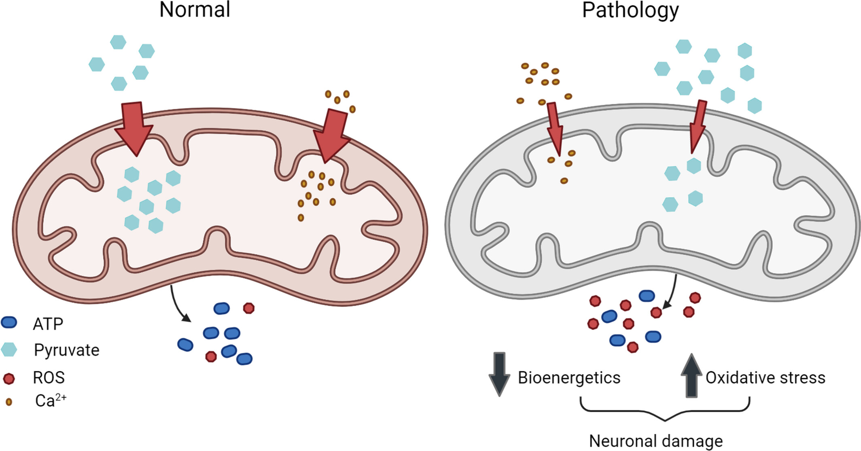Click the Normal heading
pos(195,10)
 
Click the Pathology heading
pos(630,11)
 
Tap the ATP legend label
pos(48,324)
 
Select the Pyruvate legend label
pos(67,350)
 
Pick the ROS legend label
pos(49,377)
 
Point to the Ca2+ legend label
pos(51,400)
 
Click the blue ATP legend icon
pos(9,322)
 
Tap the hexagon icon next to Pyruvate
pos(9,349)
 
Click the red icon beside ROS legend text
pos(9,379)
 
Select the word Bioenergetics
pos(569,377)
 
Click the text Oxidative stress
pos(765,377)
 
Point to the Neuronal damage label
pos(655,440)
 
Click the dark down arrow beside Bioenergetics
pos(499,373)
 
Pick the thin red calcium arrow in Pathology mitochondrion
pos(555,127)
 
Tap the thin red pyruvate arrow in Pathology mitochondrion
pos(698,125)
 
